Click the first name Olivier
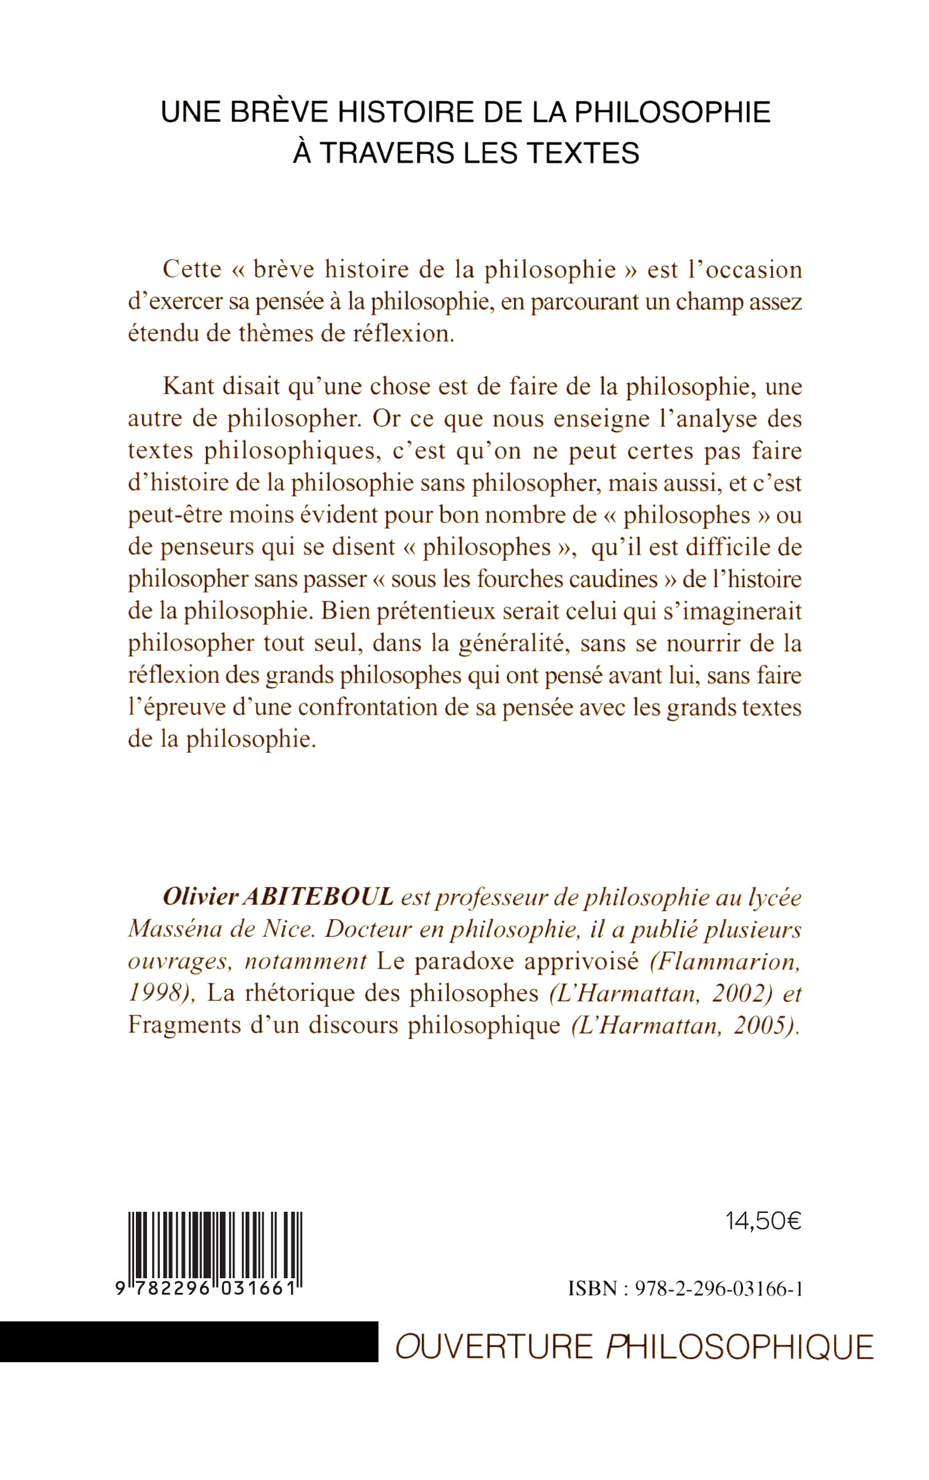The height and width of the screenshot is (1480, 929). pos(194,897)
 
